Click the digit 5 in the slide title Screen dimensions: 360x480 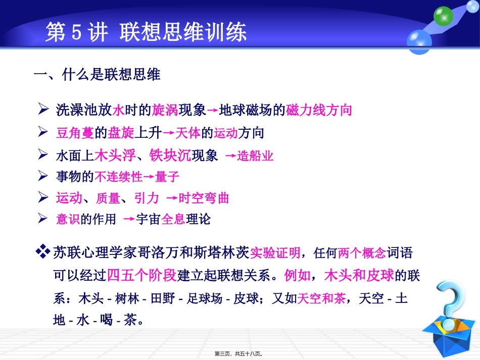(77, 33)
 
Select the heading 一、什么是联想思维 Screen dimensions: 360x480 (97, 75)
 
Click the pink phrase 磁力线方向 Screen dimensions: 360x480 (319, 110)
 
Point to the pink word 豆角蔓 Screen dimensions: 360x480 (75, 133)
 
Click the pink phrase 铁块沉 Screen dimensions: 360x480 (170, 156)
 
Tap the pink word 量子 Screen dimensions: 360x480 (168, 177)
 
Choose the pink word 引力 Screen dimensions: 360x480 (147, 198)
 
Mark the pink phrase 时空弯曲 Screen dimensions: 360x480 (204, 198)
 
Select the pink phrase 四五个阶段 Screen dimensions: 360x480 (141, 275)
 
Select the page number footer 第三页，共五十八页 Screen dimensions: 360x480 (240, 354)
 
